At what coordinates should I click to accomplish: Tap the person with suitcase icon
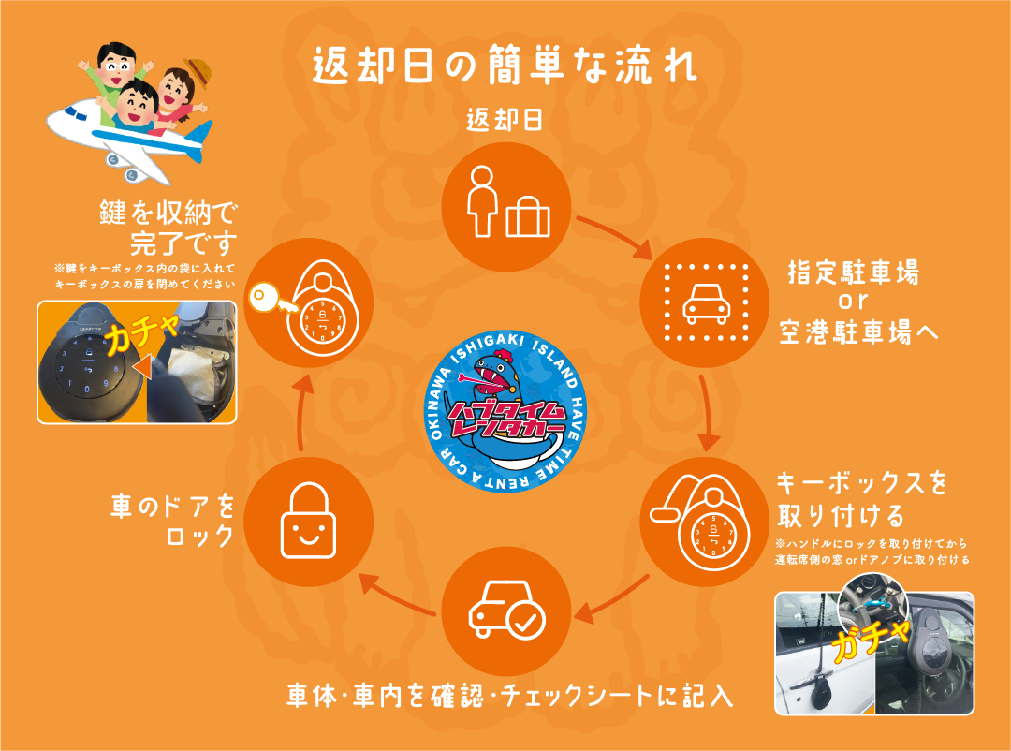505,202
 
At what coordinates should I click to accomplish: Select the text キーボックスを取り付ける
861,499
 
